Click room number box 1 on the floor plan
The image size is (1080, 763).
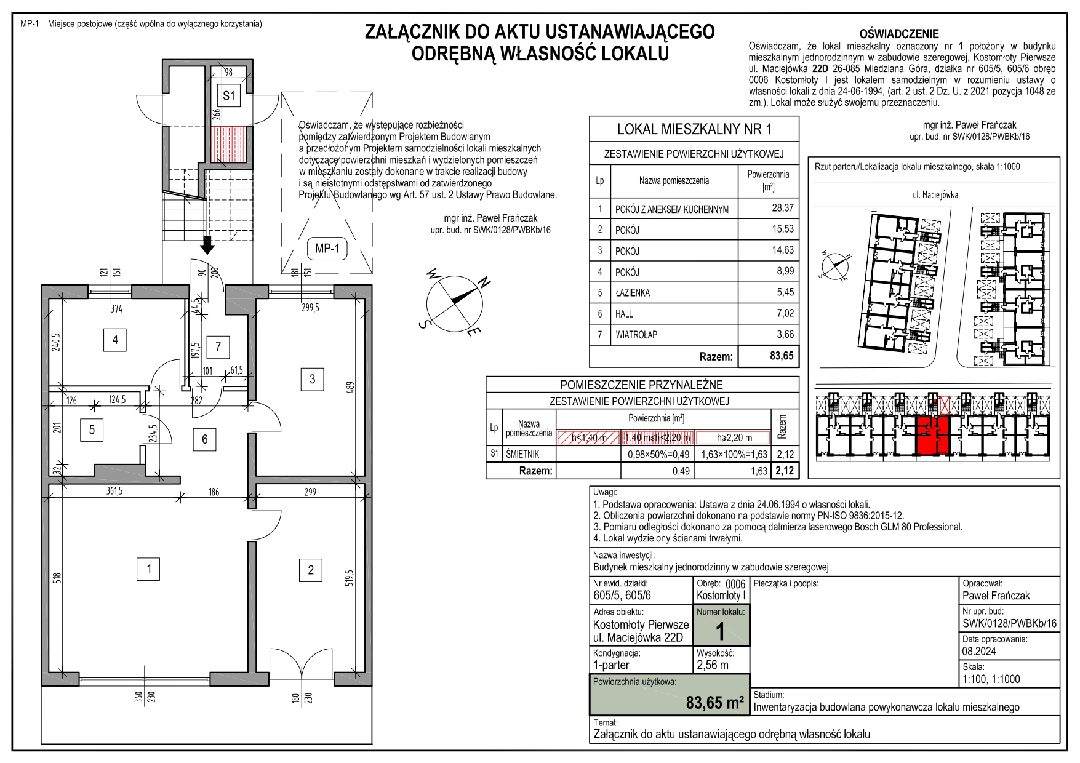point(148,569)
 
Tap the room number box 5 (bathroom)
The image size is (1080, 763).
point(92,429)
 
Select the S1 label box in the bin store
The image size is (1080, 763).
point(229,96)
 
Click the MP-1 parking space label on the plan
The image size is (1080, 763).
point(327,249)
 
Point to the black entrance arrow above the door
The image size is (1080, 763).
point(208,244)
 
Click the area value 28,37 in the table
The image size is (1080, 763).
point(782,208)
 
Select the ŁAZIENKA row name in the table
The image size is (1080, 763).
point(633,293)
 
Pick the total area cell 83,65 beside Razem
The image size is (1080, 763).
point(782,356)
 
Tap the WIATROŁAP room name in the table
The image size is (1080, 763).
point(636,335)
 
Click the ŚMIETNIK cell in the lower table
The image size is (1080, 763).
point(522,454)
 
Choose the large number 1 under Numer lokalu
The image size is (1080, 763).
point(720,632)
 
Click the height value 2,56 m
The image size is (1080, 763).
point(713,665)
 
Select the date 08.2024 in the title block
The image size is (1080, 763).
point(979,651)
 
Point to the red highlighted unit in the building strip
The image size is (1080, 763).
point(933,434)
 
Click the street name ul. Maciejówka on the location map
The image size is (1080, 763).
point(935,195)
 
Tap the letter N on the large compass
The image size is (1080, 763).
point(484,283)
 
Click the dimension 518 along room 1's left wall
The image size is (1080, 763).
point(57,578)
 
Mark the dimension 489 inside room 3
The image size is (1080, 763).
point(350,388)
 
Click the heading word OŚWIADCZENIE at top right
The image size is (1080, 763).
point(899,34)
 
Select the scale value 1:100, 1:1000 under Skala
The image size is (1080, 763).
point(991,679)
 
